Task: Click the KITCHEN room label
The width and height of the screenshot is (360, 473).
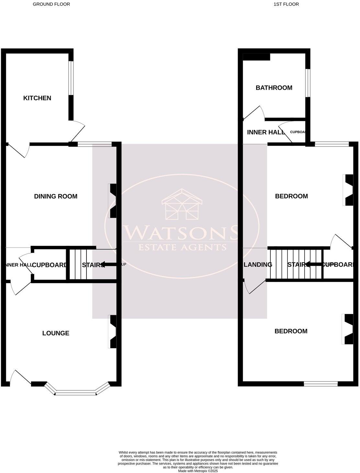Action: (37, 98)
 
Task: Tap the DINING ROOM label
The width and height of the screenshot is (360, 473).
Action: (56, 196)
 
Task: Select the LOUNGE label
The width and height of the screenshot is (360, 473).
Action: (56, 333)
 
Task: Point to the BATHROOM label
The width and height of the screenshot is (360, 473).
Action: (274, 87)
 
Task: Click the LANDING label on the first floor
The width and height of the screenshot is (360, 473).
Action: (258, 265)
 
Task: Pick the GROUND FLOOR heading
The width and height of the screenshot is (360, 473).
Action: (51, 4)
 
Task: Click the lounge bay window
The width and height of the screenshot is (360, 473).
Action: (76, 393)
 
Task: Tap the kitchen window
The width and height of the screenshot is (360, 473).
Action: (70, 78)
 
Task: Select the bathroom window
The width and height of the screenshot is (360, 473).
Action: (308, 83)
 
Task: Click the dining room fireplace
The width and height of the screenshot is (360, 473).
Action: (113, 201)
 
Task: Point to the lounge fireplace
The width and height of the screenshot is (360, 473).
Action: (113, 332)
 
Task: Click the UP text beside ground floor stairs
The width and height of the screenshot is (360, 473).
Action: (123, 264)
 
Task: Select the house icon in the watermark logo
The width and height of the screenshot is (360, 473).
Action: (182, 204)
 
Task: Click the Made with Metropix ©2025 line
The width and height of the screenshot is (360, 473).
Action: (198, 471)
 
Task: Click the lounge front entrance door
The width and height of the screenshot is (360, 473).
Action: (20, 378)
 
